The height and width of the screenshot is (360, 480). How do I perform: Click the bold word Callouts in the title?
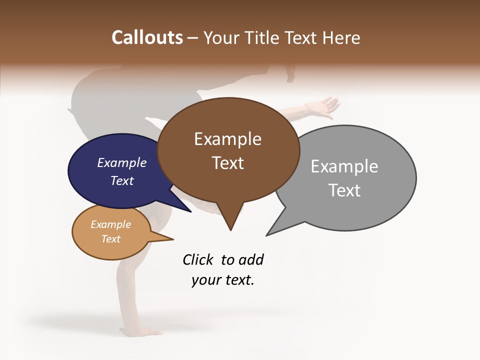click(x=147, y=37)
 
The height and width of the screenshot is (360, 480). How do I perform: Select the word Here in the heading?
click(x=341, y=37)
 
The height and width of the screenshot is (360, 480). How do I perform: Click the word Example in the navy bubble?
click(x=122, y=162)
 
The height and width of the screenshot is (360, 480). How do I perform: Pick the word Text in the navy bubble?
click(x=122, y=180)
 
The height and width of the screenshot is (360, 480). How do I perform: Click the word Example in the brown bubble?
click(x=227, y=139)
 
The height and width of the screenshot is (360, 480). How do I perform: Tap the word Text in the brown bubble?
click(x=227, y=163)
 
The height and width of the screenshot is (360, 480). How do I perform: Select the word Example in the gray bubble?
click(x=344, y=166)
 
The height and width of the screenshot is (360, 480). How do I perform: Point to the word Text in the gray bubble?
click(x=344, y=190)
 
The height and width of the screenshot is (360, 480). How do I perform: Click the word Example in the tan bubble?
click(x=110, y=224)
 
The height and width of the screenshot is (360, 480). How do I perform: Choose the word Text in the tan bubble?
click(x=110, y=239)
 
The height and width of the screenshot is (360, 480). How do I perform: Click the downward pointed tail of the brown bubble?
click(x=230, y=223)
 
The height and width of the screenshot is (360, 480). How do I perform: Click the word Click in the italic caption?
click(x=198, y=259)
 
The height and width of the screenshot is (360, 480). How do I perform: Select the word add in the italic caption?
click(x=251, y=259)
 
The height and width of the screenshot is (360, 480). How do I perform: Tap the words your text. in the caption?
click(x=223, y=280)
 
